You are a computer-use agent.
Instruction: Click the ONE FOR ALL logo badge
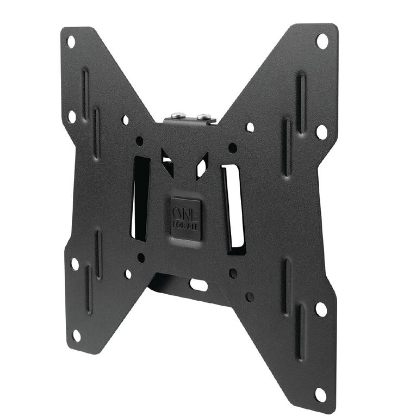tap(185, 219)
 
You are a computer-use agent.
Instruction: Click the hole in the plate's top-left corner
tap(71, 42)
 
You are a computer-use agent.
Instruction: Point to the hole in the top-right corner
tap(322, 41)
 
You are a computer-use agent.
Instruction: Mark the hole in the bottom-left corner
tap(77, 336)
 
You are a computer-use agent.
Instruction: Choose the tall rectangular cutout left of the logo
tap(140, 198)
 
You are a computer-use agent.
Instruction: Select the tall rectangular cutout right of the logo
tap(234, 209)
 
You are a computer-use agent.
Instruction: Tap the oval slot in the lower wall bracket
tap(198, 284)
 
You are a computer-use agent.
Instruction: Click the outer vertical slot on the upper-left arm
tap(85, 93)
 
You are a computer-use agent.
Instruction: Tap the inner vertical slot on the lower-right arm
tap(286, 284)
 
